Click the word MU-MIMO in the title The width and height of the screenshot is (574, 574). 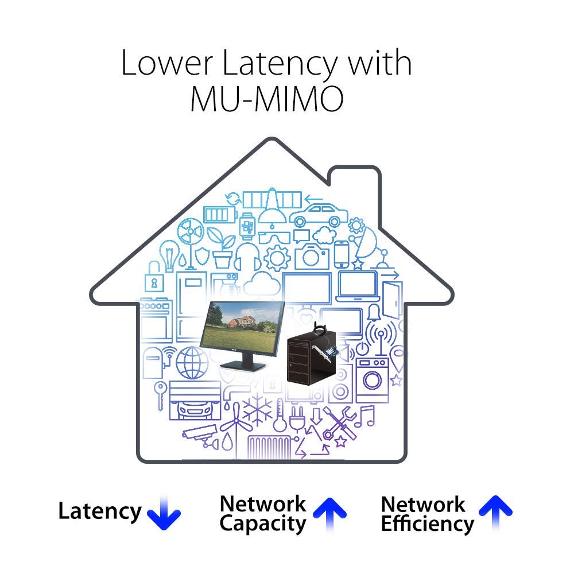click(267, 99)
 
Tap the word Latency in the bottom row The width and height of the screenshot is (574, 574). click(99, 511)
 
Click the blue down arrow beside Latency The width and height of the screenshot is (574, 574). click(164, 513)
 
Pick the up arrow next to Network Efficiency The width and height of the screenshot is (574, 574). click(496, 513)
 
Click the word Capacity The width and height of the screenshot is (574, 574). click(263, 524)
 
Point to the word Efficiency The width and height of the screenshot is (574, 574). click(428, 524)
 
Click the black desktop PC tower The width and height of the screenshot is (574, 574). click(311, 357)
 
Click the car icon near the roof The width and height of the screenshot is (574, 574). click(319, 216)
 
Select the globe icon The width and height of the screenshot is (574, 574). click(192, 363)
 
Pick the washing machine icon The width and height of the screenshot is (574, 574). click(373, 381)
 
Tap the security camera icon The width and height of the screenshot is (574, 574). click(200, 435)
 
